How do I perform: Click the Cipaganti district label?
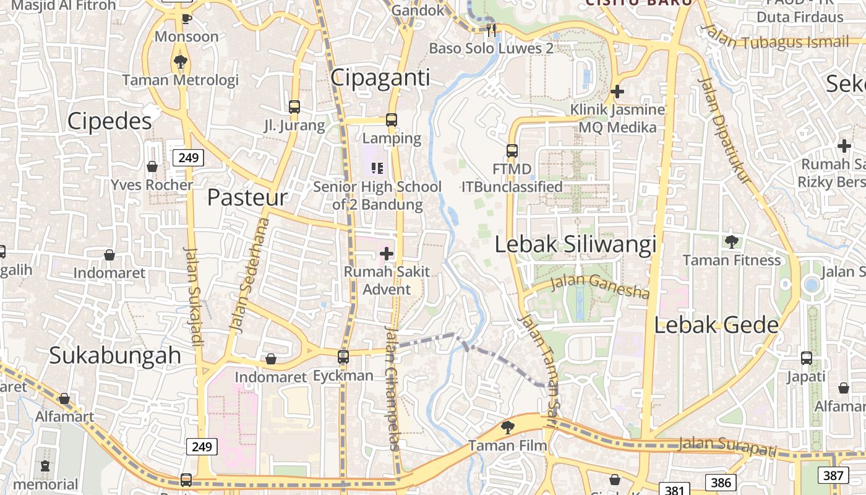click(380, 78)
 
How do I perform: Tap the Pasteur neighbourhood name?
click(247, 197)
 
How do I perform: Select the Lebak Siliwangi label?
click(575, 244)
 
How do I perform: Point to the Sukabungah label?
click(115, 355)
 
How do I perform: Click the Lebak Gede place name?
click(716, 325)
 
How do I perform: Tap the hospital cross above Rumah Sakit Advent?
click(387, 253)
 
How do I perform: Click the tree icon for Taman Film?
click(507, 426)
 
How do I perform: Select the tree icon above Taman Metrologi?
click(181, 61)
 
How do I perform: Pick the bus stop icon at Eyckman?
click(343, 357)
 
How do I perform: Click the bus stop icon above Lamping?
click(392, 119)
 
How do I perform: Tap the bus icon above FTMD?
click(512, 150)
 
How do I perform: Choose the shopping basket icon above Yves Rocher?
click(152, 166)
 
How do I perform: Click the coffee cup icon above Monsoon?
click(186, 19)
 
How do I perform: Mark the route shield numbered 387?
click(833, 475)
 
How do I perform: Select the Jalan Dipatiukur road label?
click(724, 129)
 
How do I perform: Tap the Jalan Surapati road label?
click(727, 445)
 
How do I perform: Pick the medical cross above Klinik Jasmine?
click(617, 92)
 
